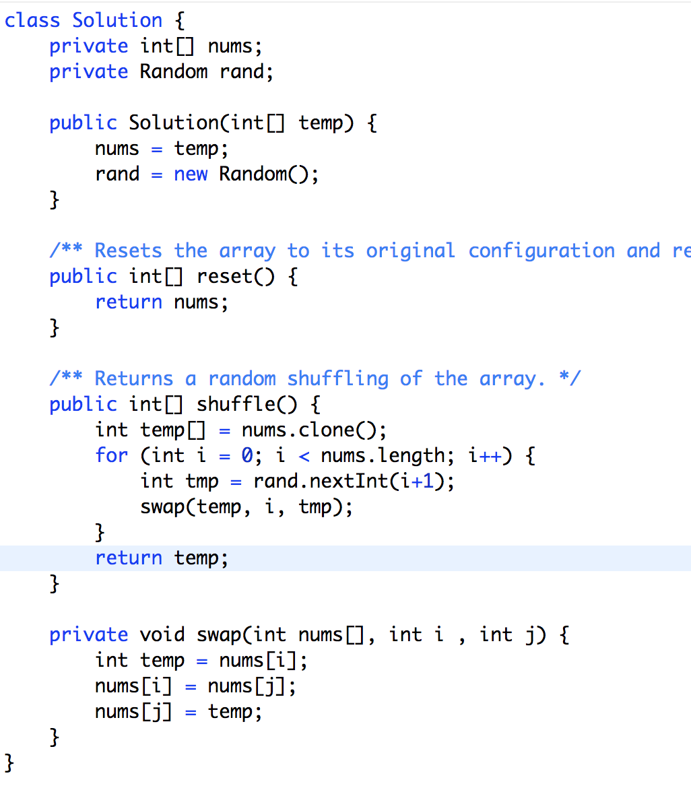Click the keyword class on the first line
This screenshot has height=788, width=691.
pos(32,20)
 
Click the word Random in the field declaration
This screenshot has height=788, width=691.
pos(174,71)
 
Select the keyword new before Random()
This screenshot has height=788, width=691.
pos(191,174)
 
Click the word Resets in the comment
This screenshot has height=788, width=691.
pos(128,251)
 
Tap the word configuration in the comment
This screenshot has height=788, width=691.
pos(541,251)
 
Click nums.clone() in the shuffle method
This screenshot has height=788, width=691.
pos(314,430)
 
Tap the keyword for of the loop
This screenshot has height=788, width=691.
pos(111,455)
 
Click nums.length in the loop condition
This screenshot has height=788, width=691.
pos(383,455)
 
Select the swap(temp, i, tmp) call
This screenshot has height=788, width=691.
pos(246,506)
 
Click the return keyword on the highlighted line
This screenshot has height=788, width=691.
pos(128,558)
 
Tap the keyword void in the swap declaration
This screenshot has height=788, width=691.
pos(162,634)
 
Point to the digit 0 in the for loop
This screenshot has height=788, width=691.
pos(247,455)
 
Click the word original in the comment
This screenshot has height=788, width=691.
pos(410,251)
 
